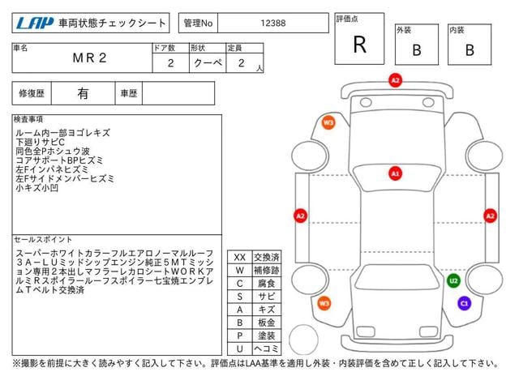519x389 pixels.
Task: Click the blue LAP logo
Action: (x=34, y=23)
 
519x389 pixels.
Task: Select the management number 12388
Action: (x=273, y=24)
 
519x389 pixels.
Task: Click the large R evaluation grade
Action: (x=360, y=45)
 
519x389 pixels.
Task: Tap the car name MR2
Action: (x=89, y=58)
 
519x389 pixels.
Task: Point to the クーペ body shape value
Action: (x=208, y=63)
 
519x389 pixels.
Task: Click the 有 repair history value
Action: (x=83, y=93)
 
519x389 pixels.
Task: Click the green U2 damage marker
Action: (x=453, y=281)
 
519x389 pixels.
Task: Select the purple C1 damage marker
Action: (x=465, y=303)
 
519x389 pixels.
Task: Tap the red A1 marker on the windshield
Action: (x=395, y=173)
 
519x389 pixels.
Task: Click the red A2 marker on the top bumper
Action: (x=395, y=80)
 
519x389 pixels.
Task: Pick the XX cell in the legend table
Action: (x=240, y=258)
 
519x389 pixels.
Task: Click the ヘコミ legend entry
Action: (x=267, y=348)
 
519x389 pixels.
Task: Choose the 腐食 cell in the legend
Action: (x=267, y=284)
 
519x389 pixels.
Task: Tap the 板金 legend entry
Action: (x=267, y=323)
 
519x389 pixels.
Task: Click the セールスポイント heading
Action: (x=43, y=240)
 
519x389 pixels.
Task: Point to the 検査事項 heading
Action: (x=28, y=119)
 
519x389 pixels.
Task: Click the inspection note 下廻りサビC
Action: (x=40, y=143)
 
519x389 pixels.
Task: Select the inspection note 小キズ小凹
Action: (x=36, y=188)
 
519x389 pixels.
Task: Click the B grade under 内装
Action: (x=470, y=50)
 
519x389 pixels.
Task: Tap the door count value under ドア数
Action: (x=171, y=63)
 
